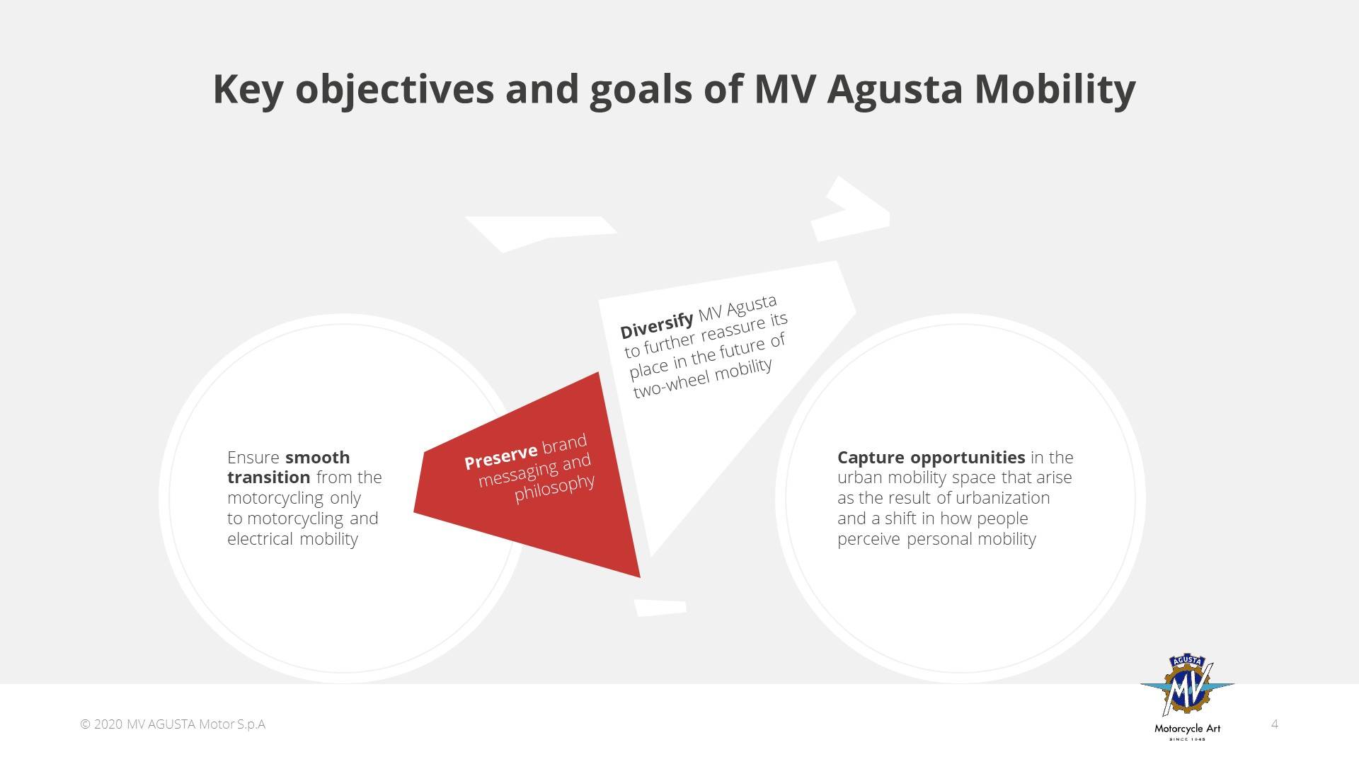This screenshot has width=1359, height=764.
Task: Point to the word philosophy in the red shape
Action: tap(555, 487)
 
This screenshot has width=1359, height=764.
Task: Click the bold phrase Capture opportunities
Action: tap(931, 458)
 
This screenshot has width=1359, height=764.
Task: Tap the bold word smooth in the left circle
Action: tap(317, 457)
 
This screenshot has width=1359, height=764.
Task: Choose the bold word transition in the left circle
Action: tap(268, 477)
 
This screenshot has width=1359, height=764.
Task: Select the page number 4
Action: tap(1275, 724)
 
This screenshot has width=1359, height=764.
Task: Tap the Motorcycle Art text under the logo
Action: tap(1187, 728)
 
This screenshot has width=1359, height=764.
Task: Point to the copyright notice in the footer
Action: tap(173, 724)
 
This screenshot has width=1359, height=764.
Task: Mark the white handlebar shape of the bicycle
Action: tap(850, 208)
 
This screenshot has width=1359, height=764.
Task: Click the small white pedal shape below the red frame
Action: tap(660, 608)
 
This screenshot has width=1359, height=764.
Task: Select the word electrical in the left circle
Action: tap(260, 538)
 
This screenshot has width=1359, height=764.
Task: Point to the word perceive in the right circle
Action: tap(869, 540)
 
